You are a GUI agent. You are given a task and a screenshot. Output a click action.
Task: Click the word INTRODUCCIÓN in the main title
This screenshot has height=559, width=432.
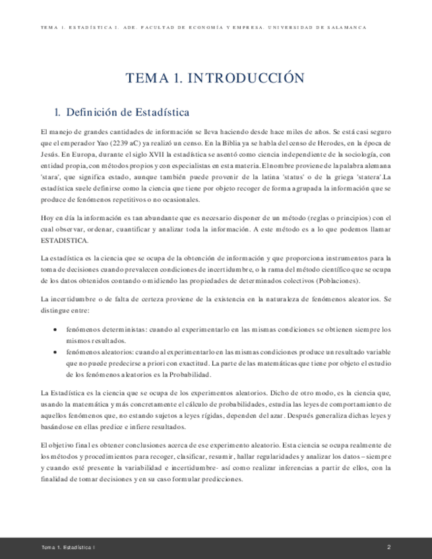246,78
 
